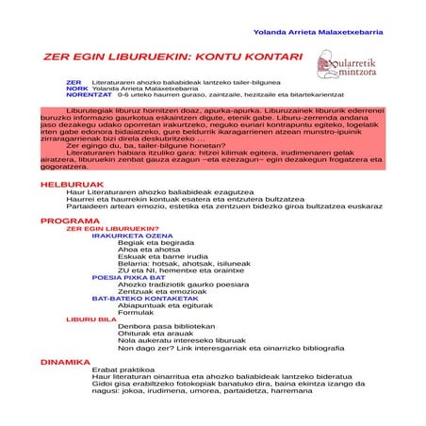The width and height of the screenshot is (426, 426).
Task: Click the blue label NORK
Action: coord(77,89)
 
